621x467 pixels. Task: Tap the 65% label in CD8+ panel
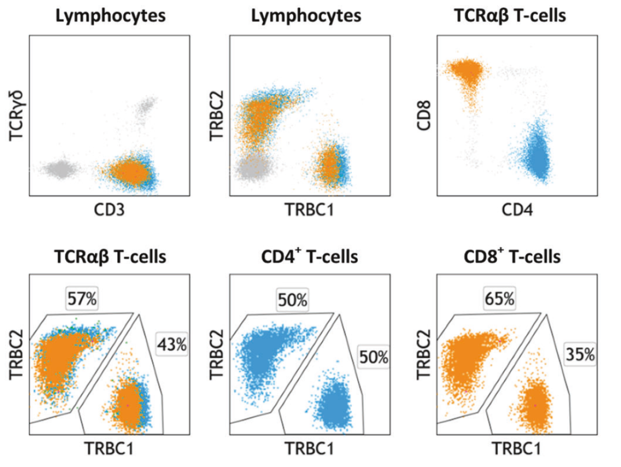(499, 300)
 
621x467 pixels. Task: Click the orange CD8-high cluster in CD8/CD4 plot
(465, 72)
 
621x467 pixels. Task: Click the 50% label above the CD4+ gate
(292, 300)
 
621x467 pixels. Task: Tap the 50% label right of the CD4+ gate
(374, 357)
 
